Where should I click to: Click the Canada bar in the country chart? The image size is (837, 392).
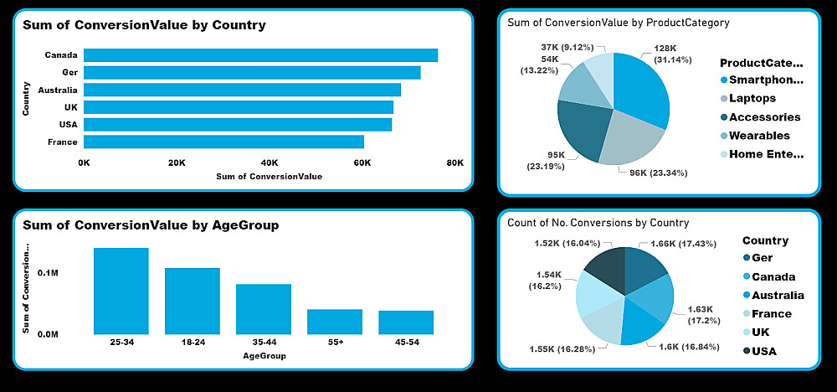point(260,55)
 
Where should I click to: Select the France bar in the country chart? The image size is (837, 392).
point(223,142)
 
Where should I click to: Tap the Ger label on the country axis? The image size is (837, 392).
point(69,73)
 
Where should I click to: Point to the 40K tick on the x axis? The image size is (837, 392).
point(270,162)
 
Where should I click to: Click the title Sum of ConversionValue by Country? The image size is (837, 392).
point(144,25)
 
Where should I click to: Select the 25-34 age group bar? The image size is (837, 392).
point(121,291)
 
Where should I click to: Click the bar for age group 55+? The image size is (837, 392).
point(335,322)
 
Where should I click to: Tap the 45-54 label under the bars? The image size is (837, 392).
point(405,342)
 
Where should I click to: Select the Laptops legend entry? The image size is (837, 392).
point(752,99)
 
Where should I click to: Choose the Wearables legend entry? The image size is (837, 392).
point(758,136)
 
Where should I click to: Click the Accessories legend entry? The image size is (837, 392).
point(764,117)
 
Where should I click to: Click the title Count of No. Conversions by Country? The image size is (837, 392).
point(598,223)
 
